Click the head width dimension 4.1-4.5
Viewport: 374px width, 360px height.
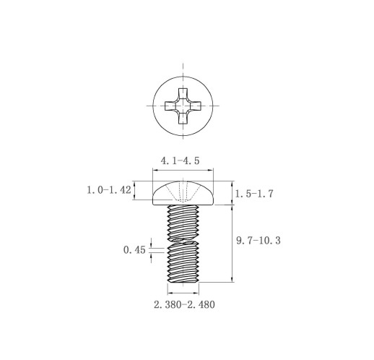180,160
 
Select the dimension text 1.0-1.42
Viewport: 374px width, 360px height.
109,190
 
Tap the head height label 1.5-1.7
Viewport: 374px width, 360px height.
254,194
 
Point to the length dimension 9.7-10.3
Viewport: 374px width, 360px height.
258,241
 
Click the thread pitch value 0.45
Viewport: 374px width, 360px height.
134,250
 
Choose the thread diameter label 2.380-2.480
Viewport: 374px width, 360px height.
184,304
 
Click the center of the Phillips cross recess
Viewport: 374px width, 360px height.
183,106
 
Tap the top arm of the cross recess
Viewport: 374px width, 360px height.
183,93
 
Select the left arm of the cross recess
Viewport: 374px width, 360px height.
170,106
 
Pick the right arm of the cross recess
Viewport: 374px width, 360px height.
196,106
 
